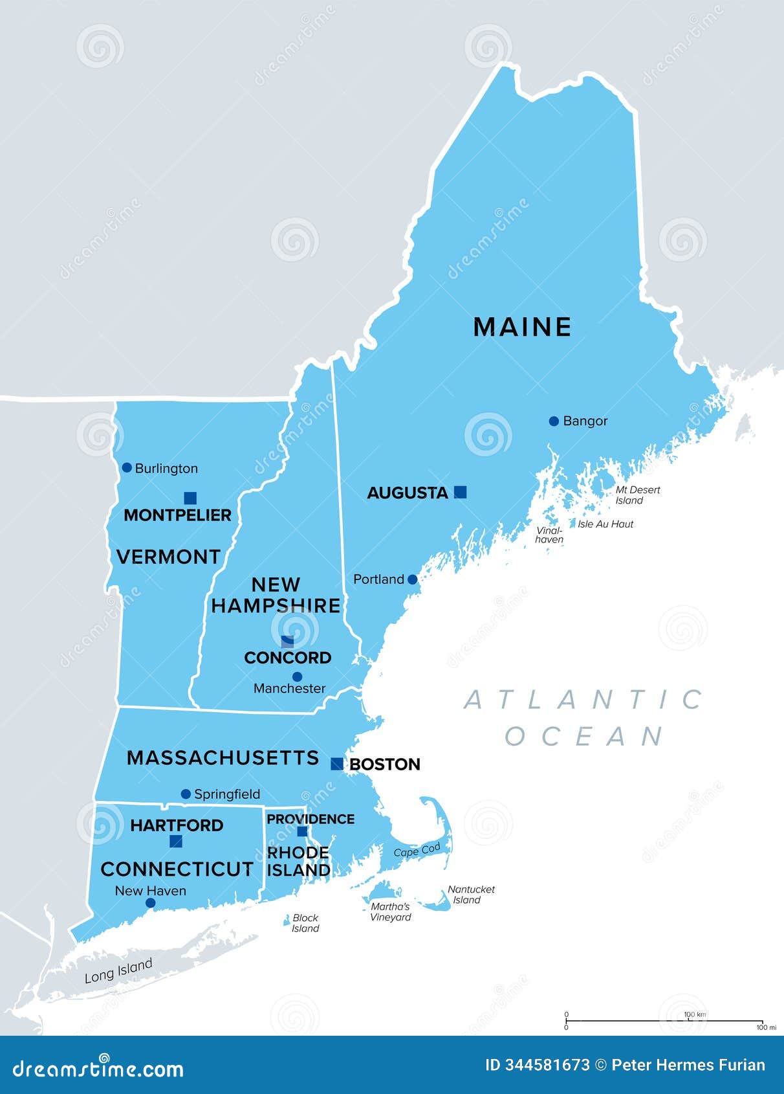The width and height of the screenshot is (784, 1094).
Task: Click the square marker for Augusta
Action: point(460,492)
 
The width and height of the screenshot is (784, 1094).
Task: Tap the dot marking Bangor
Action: point(554,421)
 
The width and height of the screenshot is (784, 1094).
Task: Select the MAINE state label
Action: point(522,327)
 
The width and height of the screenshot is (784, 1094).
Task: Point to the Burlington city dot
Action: point(127,467)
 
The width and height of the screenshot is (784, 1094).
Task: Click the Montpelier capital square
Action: point(190,498)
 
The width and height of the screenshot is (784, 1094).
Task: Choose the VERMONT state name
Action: point(168,557)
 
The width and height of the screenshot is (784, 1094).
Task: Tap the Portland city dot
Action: point(413,579)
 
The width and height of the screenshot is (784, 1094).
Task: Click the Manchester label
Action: point(289,688)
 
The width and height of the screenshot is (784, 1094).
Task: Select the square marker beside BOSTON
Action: point(337,764)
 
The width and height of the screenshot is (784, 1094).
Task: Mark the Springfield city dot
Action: point(186,794)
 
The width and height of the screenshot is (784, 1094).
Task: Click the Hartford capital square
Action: point(176,842)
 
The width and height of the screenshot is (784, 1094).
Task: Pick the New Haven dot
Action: point(151,903)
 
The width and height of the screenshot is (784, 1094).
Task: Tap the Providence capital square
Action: point(302,831)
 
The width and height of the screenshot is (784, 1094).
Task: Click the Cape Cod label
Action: point(417,850)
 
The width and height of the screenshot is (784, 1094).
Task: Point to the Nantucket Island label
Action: point(470,895)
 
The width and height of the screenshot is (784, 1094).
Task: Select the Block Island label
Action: point(305,923)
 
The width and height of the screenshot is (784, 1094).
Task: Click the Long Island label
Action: point(118,971)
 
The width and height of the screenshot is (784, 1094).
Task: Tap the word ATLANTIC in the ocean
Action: point(583,699)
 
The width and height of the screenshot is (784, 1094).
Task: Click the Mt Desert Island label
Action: point(637,495)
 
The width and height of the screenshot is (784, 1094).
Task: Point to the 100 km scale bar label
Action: point(695,1014)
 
